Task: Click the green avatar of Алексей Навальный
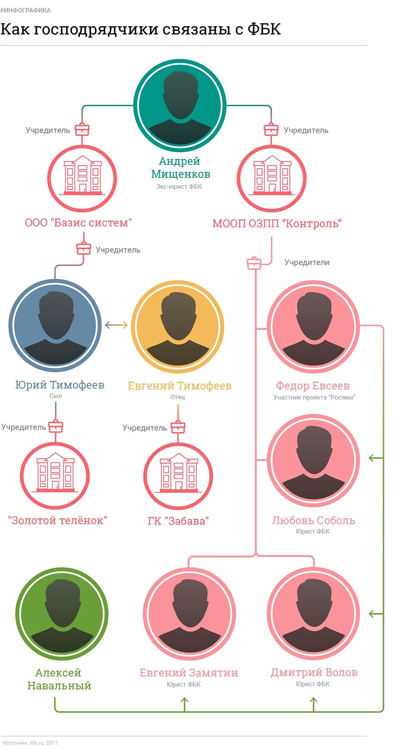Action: (62, 614)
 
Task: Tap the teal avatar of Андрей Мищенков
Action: (180, 105)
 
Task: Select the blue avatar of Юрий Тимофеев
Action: (55, 325)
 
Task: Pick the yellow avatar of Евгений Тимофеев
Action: (178, 326)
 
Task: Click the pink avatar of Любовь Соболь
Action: (313, 460)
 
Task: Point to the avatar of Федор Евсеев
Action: (313, 326)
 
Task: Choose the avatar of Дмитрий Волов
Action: (313, 614)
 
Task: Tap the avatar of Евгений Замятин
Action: (189, 614)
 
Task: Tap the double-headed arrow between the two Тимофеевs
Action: (116, 325)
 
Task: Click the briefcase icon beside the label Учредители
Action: (254, 263)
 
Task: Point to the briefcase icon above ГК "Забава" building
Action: (178, 426)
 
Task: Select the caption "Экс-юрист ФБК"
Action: (179, 187)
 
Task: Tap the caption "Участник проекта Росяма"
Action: (314, 397)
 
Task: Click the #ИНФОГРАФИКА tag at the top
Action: (25, 10)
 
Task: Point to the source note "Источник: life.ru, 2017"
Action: (31, 743)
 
